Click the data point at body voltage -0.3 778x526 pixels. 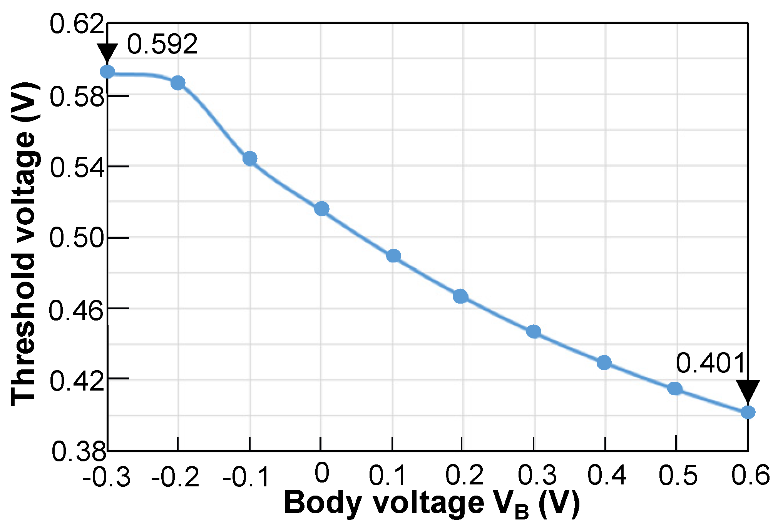[107, 72]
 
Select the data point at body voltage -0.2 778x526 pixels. [178, 83]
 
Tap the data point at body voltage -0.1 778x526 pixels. [250, 158]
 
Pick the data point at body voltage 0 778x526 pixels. [321, 209]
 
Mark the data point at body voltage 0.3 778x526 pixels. [534, 331]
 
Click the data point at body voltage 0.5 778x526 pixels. [675, 389]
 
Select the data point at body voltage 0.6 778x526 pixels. [748, 412]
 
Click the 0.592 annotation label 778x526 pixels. [162, 44]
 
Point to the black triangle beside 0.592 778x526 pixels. [107, 52]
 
